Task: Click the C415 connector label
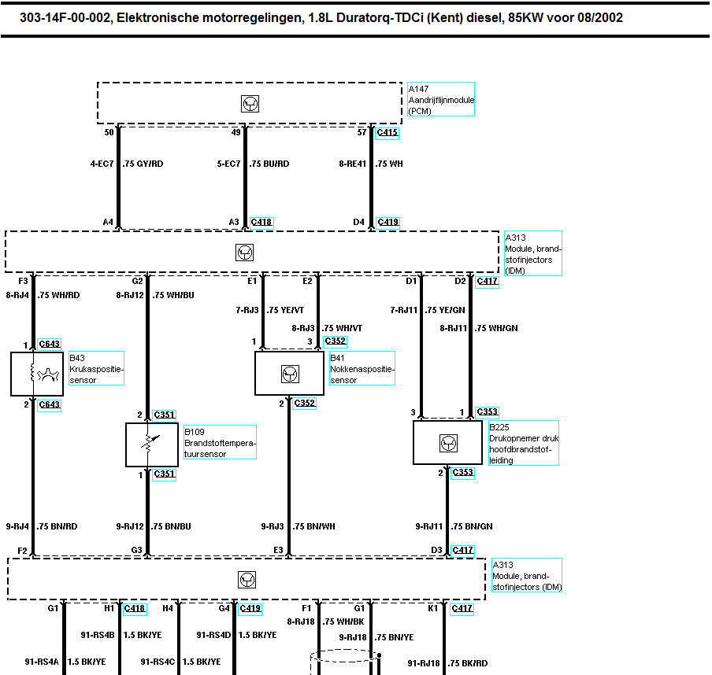[x=388, y=133]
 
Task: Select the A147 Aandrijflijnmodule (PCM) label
[x=440, y=99]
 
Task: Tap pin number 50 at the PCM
[x=109, y=133]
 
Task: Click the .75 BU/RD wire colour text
[x=269, y=164]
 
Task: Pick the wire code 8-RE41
[x=352, y=164]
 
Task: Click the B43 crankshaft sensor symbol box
[x=37, y=374]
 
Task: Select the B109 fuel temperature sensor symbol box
[x=152, y=444]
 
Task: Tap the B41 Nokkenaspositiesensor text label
[x=362, y=369]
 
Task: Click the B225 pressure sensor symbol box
[x=447, y=442]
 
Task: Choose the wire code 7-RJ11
[x=403, y=310]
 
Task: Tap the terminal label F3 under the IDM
[x=23, y=280]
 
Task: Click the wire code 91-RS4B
[x=98, y=634]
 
